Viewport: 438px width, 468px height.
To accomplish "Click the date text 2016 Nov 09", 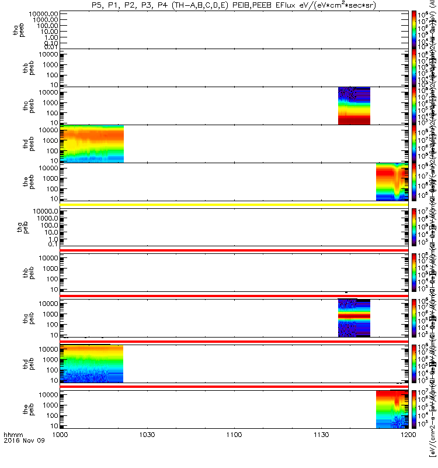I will (20, 457).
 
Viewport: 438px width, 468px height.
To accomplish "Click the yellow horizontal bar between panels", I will (234, 204).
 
